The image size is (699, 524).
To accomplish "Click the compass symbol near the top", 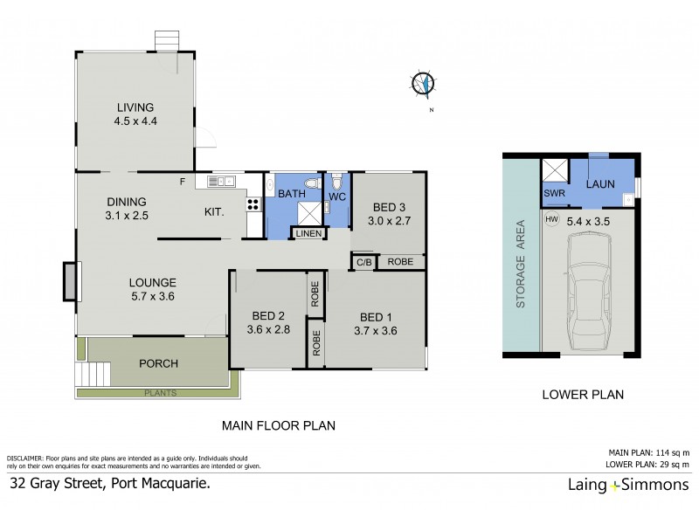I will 423,84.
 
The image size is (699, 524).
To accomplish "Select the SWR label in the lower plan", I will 553,193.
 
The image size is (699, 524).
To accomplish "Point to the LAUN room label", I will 599,184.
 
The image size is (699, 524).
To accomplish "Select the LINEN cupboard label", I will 308,233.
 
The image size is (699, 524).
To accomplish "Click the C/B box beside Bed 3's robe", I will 362,261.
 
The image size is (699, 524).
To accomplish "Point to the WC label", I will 336,197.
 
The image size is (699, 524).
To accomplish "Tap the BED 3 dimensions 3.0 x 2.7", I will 389,222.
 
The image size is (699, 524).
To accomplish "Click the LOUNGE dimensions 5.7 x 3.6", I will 153,297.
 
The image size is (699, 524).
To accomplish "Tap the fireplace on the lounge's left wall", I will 69,281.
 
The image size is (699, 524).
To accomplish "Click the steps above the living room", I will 166,41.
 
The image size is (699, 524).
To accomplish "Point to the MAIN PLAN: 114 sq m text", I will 648,452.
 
